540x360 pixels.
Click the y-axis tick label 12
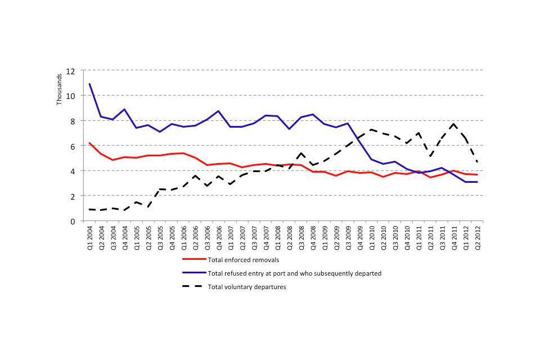(70, 71)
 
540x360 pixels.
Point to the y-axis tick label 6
(72, 146)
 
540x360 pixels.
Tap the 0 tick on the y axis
(72, 221)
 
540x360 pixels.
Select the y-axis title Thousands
(59, 89)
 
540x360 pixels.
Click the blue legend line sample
(192, 273)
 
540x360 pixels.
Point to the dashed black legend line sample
(192, 287)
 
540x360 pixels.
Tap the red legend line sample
(192, 259)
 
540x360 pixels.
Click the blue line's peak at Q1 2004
(90, 84)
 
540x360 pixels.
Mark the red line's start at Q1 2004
(90, 143)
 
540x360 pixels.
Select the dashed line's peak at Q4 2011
(454, 124)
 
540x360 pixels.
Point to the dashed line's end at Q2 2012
(478, 162)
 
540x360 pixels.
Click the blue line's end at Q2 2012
(478, 182)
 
